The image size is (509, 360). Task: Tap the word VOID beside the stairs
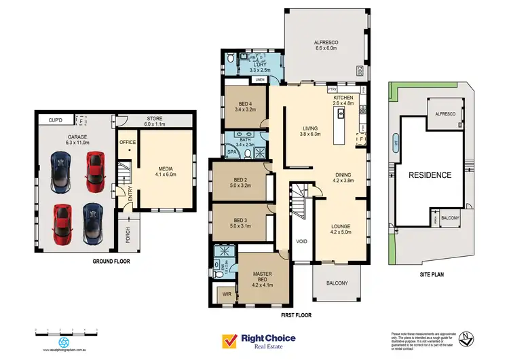(x=302, y=241)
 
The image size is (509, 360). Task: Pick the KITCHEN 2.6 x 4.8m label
(x=343, y=101)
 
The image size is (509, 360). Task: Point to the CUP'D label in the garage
(x=55, y=120)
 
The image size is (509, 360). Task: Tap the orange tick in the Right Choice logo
(x=229, y=340)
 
